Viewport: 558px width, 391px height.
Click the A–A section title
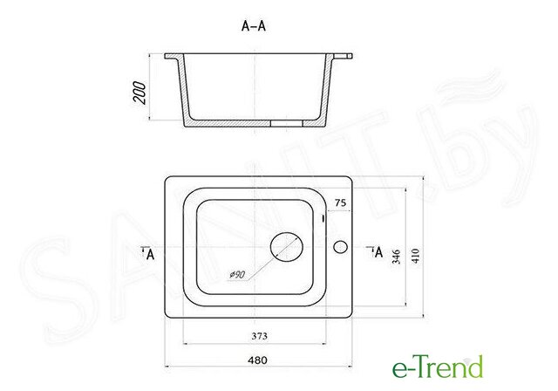254,26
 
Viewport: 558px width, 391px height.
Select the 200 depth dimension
139,93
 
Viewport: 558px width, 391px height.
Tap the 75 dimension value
340,202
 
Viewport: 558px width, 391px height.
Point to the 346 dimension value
396,257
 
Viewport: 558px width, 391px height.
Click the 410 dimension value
415,256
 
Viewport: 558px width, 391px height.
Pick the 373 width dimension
260,336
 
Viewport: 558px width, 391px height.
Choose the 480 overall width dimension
257,360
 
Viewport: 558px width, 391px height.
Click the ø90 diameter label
237,275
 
